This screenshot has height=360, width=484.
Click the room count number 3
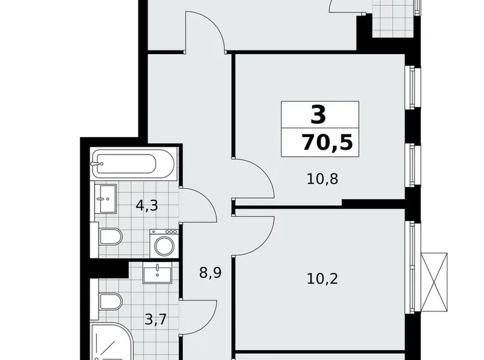click(318, 115)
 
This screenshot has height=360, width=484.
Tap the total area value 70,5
click(327, 142)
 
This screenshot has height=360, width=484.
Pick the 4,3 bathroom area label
click(146, 204)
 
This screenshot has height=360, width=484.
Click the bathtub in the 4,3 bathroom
click(124, 164)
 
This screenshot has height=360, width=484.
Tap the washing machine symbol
click(164, 244)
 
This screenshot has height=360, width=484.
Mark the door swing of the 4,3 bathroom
click(197, 205)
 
